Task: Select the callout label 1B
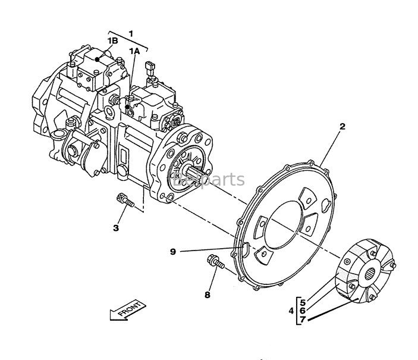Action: [112, 40]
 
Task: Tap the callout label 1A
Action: [134, 51]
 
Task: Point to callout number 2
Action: [342, 126]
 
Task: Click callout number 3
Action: [116, 227]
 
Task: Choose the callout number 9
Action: [173, 251]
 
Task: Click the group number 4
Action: [291, 310]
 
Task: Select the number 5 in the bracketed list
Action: [303, 301]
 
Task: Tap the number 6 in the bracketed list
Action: [303, 310]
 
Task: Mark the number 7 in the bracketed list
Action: [303, 320]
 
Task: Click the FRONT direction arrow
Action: [127, 311]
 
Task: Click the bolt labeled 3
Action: [125, 201]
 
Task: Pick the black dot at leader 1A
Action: [136, 107]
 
